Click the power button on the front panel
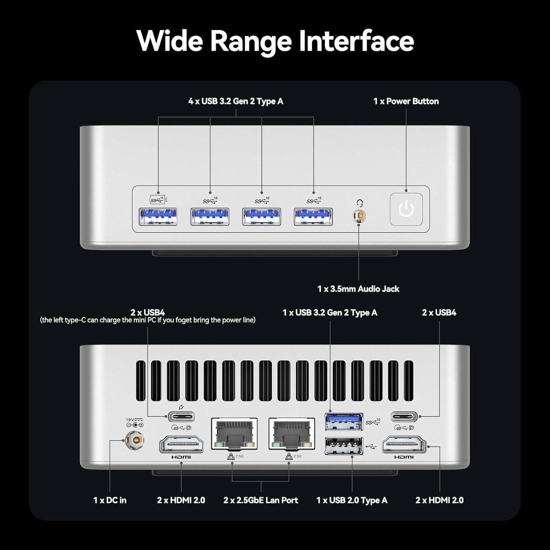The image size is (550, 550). tap(406, 209)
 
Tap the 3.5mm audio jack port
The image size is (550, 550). tap(359, 216)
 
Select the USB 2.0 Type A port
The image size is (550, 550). tap(344, 446)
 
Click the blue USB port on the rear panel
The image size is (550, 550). tap(344, 421)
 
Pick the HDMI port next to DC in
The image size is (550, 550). tap(181, 445)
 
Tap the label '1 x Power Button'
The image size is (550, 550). tap(406, 101)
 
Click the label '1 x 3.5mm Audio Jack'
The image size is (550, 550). tap(358, 289)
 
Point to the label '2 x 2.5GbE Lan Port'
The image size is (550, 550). tap(261, 500)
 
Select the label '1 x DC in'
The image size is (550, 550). tap(110, 500)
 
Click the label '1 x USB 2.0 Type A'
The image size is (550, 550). tap(352, 500)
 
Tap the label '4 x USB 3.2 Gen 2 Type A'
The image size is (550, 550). tap(236, 101)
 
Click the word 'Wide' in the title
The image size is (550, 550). tap(169, 41)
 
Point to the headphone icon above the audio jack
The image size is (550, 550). tap(360, 203)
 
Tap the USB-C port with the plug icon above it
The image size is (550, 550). tap(181, 417)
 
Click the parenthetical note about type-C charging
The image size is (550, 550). tap(148, 320)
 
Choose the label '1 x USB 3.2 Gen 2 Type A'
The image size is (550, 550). tap(330, 313)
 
